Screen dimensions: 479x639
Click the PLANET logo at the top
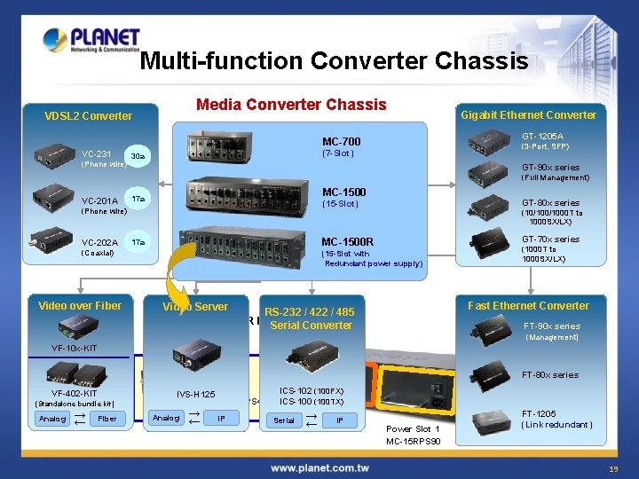click(x=91, y=41)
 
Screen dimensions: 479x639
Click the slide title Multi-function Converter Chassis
click(x=334, y=61)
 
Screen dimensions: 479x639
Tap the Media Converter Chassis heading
click(x=292, y=105)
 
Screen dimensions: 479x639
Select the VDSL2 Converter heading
click(x=88, y=115)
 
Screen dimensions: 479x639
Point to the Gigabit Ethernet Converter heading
click(x=528, y=114)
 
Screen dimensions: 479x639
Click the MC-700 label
click(x=341, y=142)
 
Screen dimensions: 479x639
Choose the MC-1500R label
click(x=347, y=241)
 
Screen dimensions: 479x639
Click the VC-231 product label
click(x=97, y=153)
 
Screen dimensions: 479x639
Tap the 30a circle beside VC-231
click(x=138, y=157)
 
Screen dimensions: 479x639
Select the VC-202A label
click(x=99, y=242)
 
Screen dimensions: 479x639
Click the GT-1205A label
click(x=542, y=136)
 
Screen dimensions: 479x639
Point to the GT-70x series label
click(x=550, y=239)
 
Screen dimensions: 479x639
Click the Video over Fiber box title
click(x=80, y=306)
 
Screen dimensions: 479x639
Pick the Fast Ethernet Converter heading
click(x=528, y=306)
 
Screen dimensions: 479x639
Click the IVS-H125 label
click(x=195, y=394)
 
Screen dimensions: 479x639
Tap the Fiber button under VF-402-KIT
click(x=106, y=419)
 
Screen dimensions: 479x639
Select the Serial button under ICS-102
click(x=284, y=420)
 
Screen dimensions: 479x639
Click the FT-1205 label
click(x=539, y=413)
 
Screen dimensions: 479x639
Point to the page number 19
click(x=613, y=468)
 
